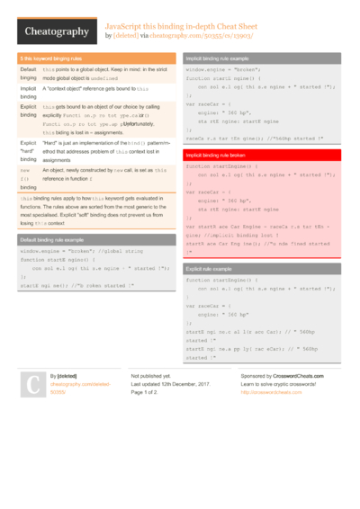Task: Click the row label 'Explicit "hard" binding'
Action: [x=28, y=153]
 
